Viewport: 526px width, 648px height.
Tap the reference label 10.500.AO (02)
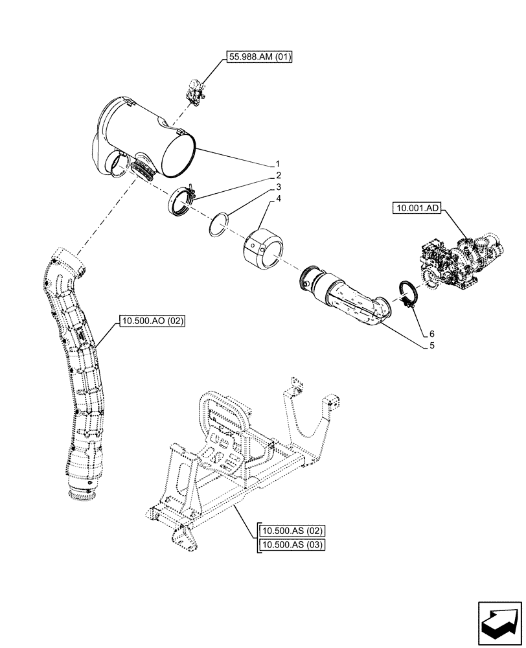click(x=152, y=320)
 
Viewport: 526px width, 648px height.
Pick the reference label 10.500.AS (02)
click(x=290, y=531)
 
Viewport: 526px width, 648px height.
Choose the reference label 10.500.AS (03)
click(x=290, y=544)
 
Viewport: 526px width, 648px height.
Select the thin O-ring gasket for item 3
click(x=220, y=224)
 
